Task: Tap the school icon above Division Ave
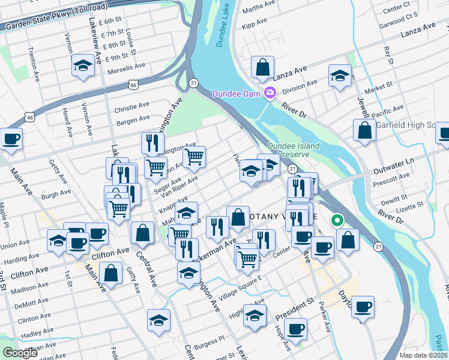pyautogui.click(x=340, y=76)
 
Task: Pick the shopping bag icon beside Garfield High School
pyautogui.click(x=364, y=130)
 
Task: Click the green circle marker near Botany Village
pyautogui.click(x=337, y=220)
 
